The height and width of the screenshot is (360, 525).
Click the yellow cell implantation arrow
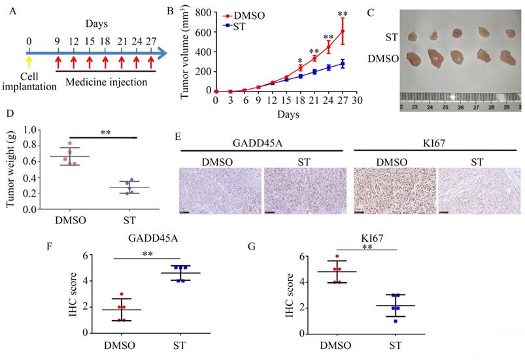click(x=28, y=62)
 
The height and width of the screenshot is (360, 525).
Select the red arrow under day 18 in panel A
click(x=105, y=62)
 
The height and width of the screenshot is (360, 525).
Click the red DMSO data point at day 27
click(x=343, y=31)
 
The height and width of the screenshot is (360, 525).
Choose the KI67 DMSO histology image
click(x=394, y=191)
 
